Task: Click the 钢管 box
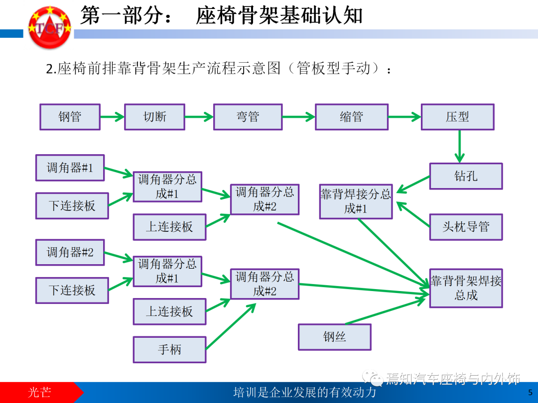point(70,117)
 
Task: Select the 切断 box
point(154,117)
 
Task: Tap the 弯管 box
point(248,117)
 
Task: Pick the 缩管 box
point(351,117)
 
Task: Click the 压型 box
point(457,117)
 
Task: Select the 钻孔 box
point(466,176)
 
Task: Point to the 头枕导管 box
point(466,227)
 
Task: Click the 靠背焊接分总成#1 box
point(356,201)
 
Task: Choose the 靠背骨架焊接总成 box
point(466,288)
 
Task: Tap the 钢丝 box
point(334,337)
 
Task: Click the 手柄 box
point(169,349)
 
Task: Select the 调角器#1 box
point(70,168)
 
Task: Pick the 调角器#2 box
point(70,252)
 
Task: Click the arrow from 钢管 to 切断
point(112,117)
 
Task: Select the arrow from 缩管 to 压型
point(404,117)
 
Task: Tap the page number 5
point(530,393)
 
